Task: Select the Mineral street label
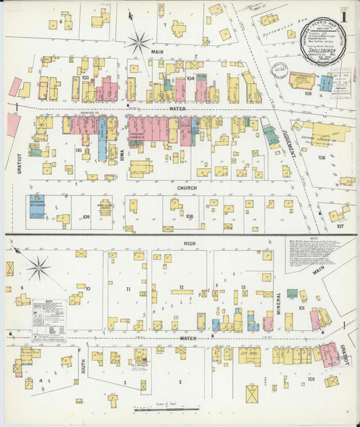coord(278,305)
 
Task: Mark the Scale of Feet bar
coord(165,409)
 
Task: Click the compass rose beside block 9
coord(38,269)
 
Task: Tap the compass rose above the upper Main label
coord(139,43)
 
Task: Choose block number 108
coord(190,216)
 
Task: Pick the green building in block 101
coord(292,294)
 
